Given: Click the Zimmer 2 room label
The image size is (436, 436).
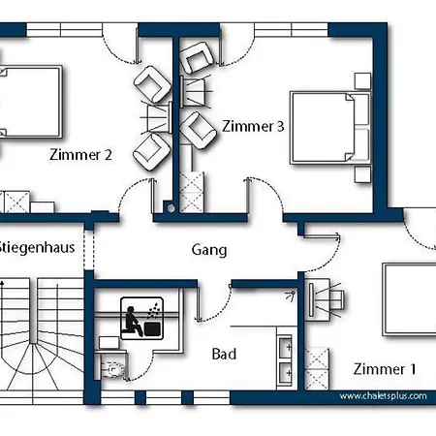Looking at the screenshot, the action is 80,155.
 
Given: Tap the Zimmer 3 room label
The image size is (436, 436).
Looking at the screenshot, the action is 253,126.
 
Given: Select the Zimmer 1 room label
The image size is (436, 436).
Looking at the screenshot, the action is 385,369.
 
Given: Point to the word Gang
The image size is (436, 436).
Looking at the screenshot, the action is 209,250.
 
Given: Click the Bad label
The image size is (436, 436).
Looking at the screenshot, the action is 224,354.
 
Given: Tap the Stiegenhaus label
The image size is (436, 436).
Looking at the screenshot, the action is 37,247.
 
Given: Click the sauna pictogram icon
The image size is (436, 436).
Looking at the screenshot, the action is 141,319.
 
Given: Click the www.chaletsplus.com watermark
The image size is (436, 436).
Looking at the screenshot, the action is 383,396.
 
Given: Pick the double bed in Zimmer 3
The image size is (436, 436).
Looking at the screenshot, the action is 329,128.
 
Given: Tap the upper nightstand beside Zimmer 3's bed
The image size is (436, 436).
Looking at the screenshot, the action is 362,80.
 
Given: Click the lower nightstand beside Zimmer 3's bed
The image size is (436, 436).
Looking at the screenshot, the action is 362,174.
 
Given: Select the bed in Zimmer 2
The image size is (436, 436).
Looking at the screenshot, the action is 30,102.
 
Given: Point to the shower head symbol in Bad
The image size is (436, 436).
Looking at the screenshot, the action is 291,296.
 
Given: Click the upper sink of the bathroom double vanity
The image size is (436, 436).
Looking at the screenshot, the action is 285,348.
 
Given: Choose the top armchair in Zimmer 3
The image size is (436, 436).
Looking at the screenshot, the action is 197,57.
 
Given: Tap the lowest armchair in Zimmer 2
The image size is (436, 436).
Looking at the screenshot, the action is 151,153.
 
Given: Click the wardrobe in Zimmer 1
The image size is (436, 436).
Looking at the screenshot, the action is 317,369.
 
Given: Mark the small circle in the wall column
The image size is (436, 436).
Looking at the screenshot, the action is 171,208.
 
